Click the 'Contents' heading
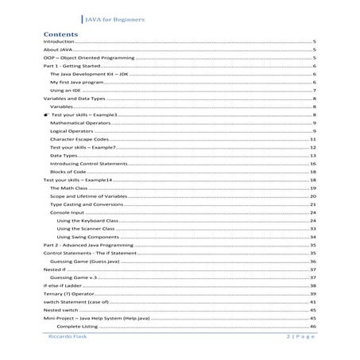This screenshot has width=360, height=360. (60, 36)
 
